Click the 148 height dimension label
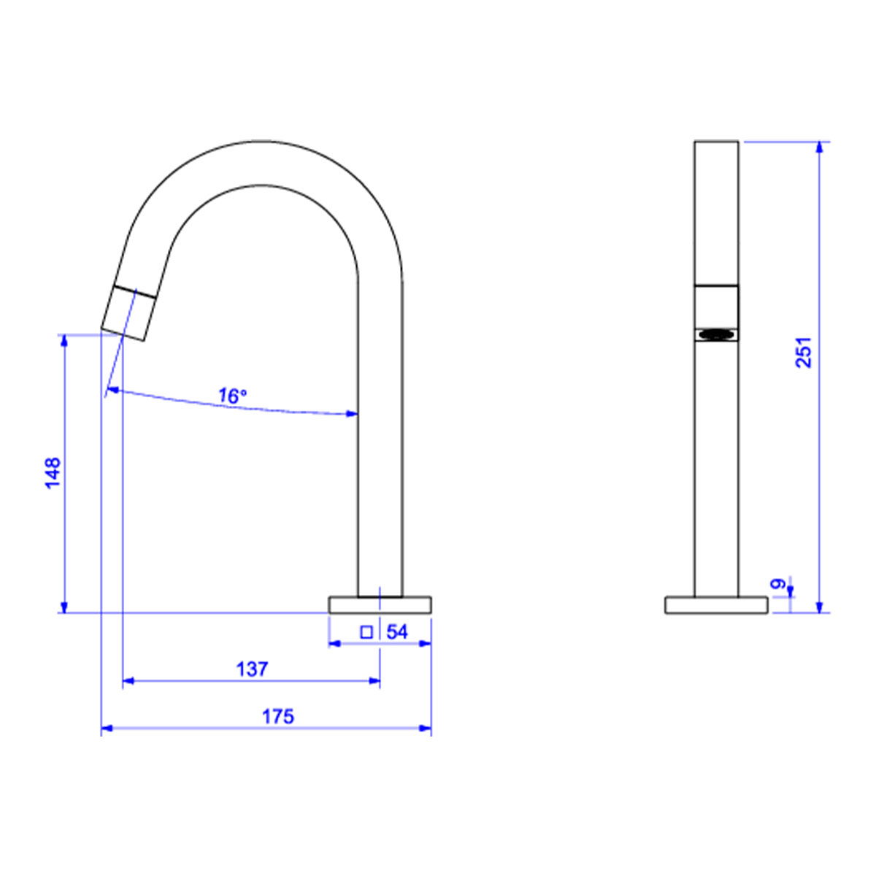53,473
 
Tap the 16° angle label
232,396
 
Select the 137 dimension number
253,669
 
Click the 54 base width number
397,632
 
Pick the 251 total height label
803,352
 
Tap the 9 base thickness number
777,584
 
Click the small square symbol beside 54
366,632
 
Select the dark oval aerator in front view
716,334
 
